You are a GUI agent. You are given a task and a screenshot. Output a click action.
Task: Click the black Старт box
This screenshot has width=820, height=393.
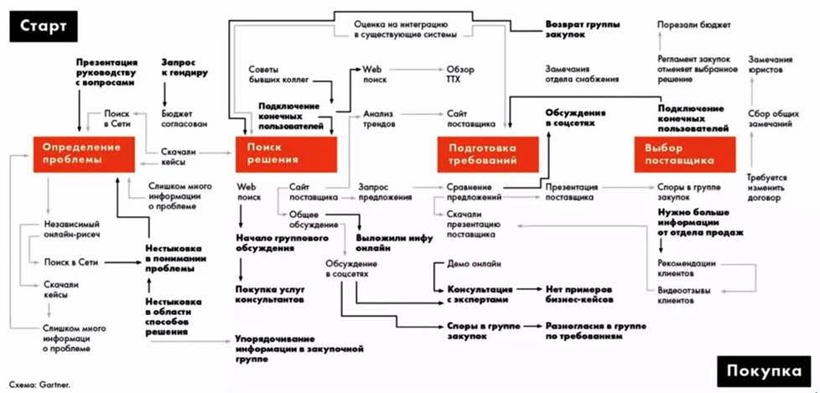[44, 26]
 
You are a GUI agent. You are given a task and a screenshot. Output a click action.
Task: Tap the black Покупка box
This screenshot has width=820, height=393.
[763, 371]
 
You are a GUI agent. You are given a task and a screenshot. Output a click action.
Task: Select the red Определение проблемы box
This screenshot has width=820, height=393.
[84, 154]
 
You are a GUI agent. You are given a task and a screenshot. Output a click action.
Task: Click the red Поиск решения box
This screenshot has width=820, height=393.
[286, 154]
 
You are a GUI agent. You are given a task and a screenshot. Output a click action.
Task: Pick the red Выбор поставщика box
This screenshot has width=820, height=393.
[684, 154]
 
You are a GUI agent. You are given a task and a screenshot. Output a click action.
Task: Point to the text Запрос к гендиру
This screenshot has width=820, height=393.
[184, 67]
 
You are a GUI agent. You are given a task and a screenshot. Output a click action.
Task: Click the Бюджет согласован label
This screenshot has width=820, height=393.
[184, 119]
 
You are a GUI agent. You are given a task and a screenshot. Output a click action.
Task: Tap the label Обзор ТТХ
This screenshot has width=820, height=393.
[460, 74]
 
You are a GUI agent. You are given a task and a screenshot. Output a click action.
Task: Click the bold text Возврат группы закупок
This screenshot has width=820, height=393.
[575, 29]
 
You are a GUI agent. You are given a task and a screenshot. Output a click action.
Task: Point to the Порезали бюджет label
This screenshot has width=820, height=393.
[694, 24]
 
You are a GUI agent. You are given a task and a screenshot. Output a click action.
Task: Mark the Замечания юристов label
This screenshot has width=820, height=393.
[771, 65]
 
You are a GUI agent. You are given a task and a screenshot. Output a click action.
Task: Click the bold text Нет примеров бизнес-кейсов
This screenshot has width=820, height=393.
[579, 294]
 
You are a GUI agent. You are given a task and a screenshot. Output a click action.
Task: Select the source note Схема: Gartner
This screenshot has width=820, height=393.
[39, 385]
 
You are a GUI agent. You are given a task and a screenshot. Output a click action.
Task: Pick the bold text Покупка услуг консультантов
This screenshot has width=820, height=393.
[269, 294]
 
